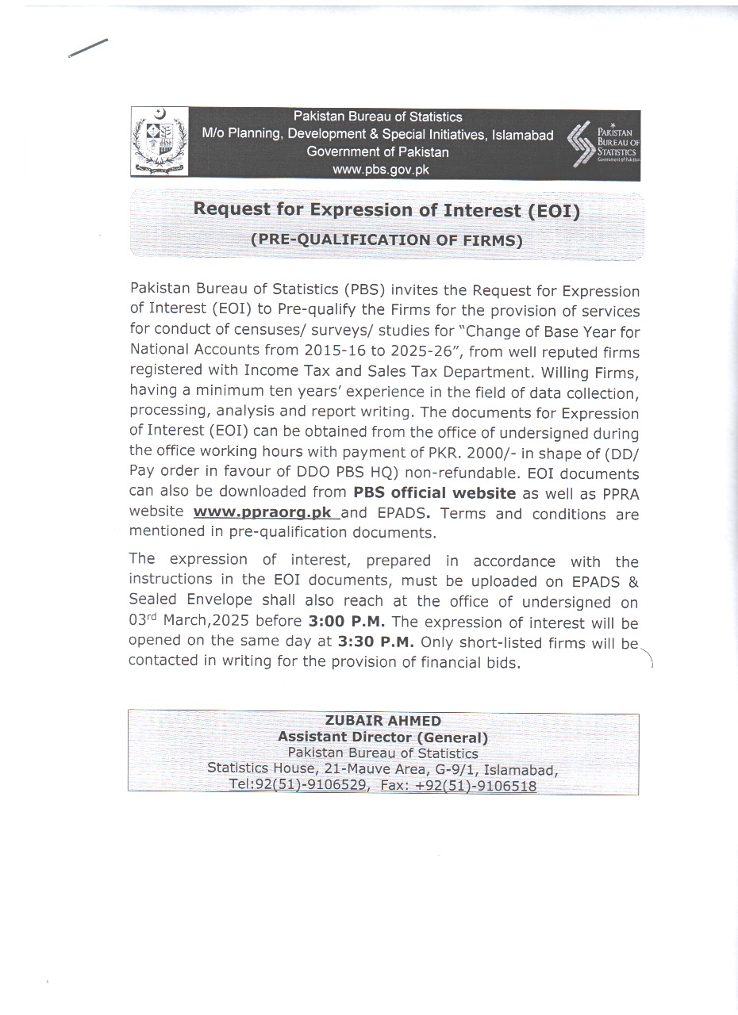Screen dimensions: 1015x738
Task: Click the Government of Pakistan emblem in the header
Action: [x=160, y=142]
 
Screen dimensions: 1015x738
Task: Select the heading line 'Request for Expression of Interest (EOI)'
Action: [x=387, y=210]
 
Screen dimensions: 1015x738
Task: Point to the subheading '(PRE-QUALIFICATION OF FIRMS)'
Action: [x=386, y=240]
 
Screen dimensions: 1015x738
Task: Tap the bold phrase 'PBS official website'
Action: [x=435, y=492]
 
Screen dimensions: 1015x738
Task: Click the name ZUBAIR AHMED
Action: [x=383, y=721]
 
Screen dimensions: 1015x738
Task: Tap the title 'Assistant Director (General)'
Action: [x=383, y=737]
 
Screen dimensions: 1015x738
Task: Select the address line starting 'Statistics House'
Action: [x=383, y=769]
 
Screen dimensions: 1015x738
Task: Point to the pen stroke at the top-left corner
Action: [x=88, y=48]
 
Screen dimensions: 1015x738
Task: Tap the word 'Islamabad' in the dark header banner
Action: [x=522, y=135]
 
